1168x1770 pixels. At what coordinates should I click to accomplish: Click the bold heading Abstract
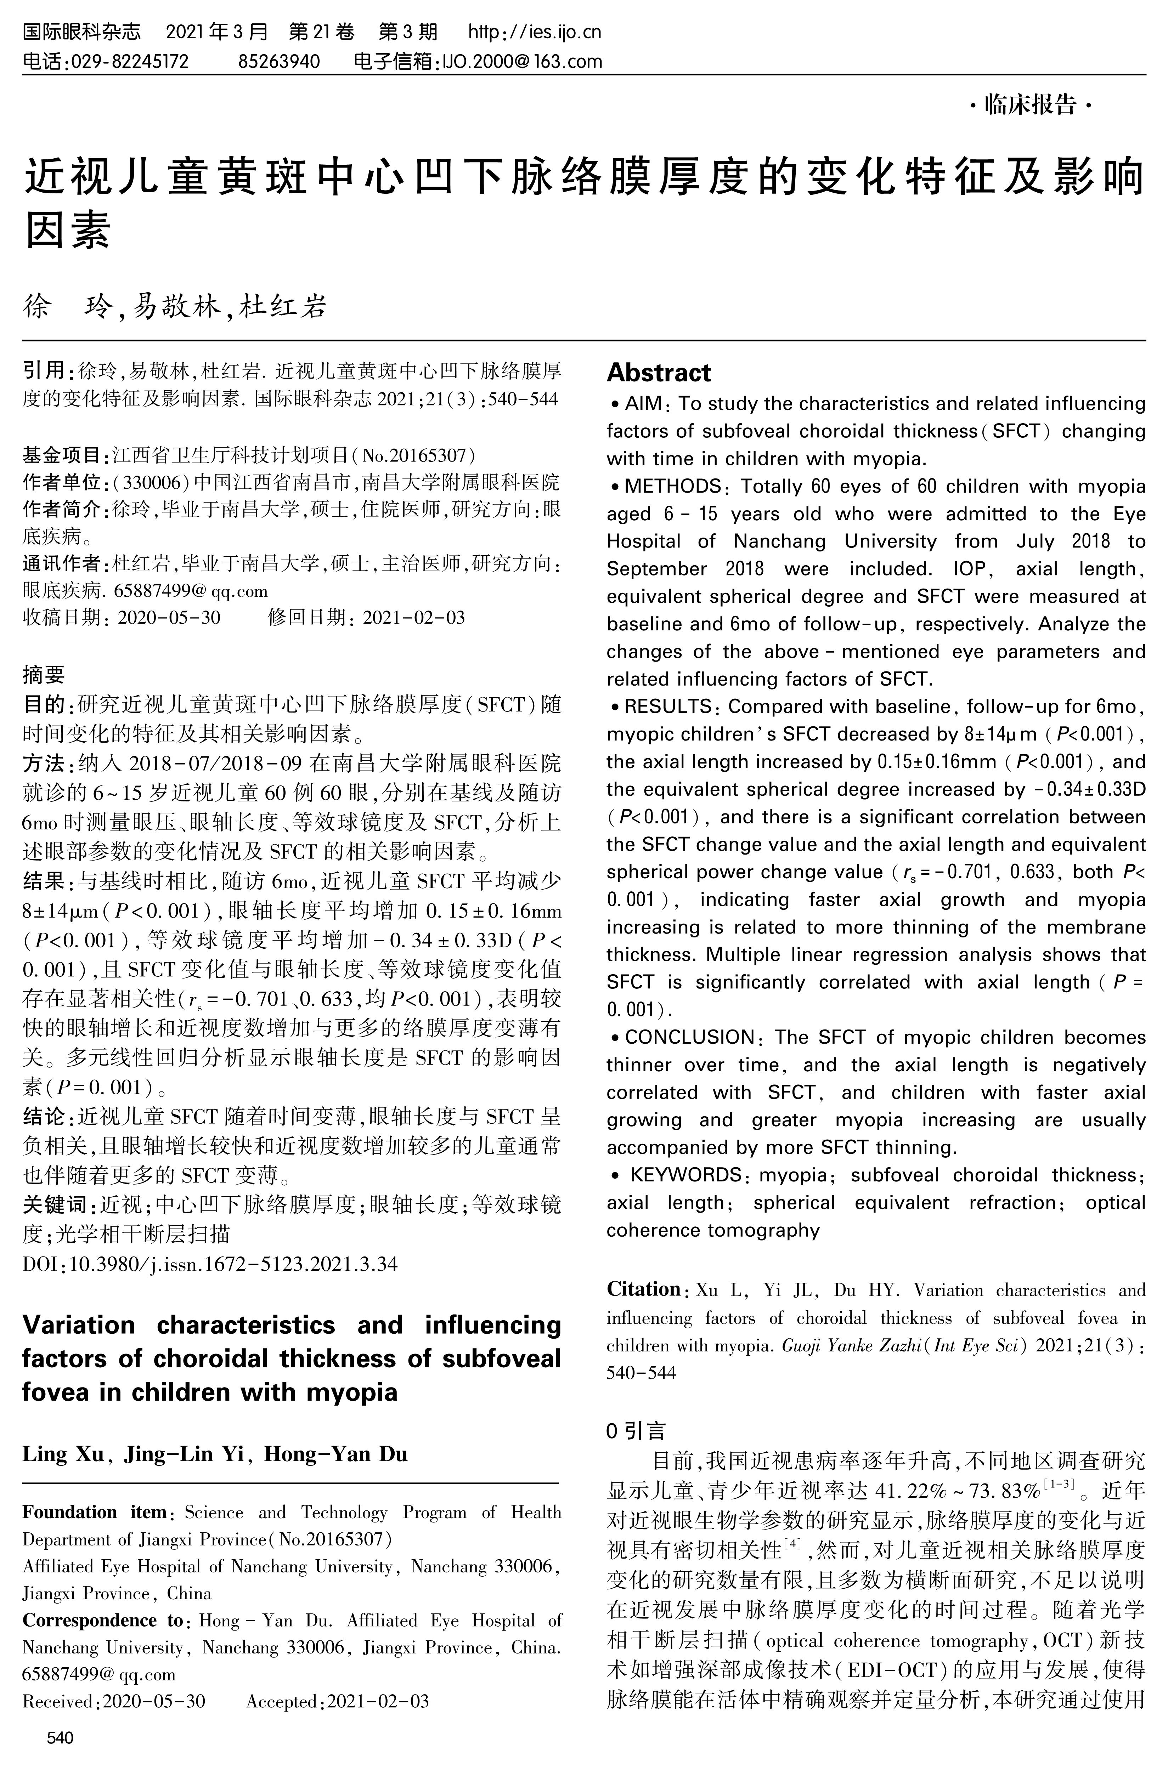[659, 372]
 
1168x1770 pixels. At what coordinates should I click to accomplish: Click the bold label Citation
[644, 1289]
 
